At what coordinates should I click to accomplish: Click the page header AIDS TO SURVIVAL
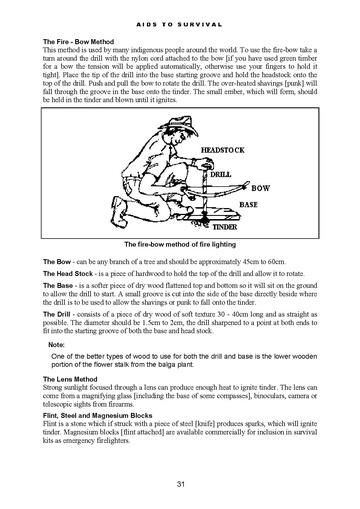pos(179,25)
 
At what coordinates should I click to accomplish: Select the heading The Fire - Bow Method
pos(78,42)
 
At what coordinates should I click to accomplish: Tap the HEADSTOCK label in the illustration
pos(222,150)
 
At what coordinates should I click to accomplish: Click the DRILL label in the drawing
pos(220,175)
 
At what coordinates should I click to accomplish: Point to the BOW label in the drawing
pos(260,188)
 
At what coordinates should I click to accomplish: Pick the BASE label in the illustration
pos(248,204)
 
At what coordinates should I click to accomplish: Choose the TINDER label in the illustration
pos(225,227)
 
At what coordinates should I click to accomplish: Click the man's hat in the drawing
pos(179,125)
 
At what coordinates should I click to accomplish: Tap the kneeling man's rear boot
pos(119,211)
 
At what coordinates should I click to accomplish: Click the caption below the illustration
pos(180,244)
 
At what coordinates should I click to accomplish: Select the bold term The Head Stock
pos(68,274)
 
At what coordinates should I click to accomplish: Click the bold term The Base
pos(58,286)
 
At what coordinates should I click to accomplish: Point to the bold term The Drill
pos(57,314)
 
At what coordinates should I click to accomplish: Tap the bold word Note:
pos(56,345)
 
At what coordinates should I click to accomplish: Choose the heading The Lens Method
pos(70,379)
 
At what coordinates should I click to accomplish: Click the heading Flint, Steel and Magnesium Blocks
pos(98,416)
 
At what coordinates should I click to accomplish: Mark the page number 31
pos(180,484)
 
